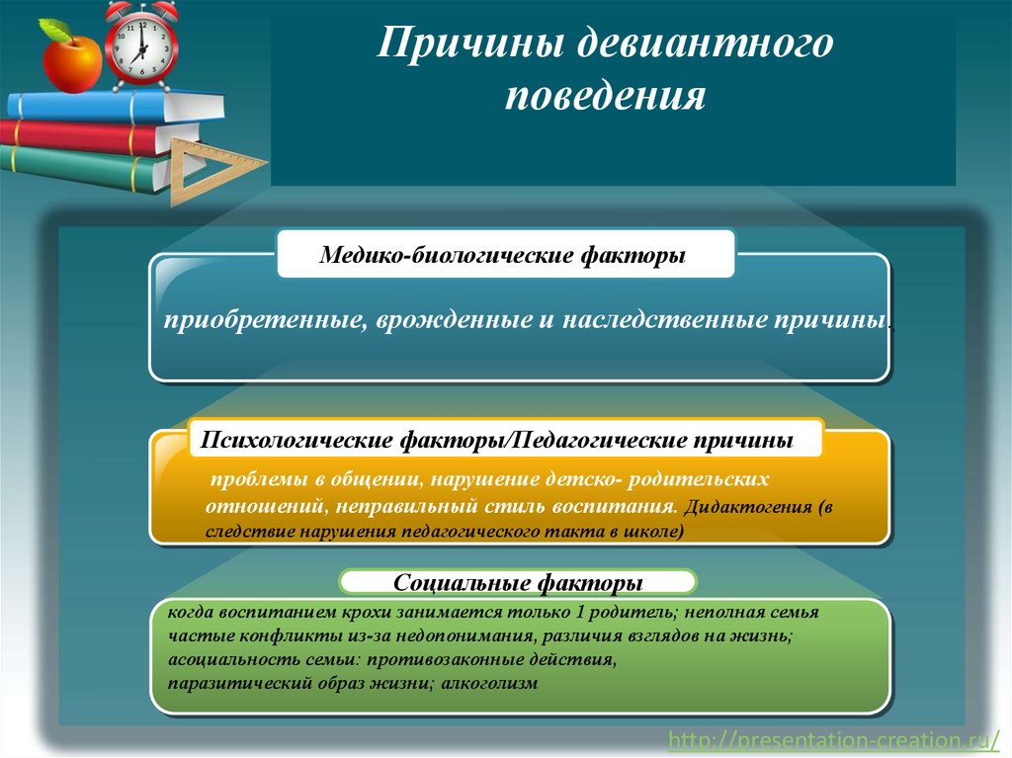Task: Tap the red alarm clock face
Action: click(141, 46)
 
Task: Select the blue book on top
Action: click(117, 107)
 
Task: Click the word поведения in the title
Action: click(605, 96)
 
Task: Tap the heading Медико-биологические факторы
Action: click(502, 255)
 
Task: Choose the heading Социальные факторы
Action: click(518, 582)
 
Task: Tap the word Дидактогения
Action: click(747, 507)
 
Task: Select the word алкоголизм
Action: click(489, 683)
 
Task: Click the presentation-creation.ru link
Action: click(833, 740)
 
